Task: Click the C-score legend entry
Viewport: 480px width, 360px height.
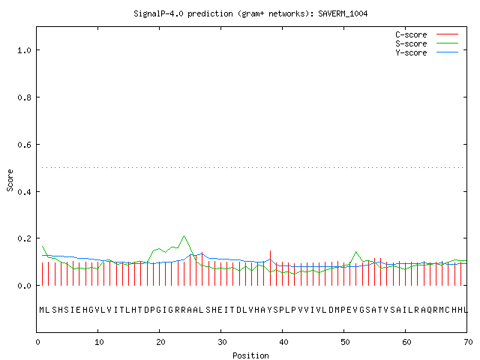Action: coord(427,34)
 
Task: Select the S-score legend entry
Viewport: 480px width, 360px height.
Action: coord(427,43)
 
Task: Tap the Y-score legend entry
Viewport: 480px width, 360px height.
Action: coord(427,52)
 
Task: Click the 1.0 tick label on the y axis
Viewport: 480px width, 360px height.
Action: coord(24,50)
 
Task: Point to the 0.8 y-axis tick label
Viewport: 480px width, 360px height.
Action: coord(24,97)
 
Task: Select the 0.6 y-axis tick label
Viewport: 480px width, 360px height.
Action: coord(24,145)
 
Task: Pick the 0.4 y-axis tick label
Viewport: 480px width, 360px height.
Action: coord(24,192)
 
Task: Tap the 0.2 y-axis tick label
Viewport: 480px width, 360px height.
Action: coord(24,238)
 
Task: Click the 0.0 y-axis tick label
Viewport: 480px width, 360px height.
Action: coord(24,286)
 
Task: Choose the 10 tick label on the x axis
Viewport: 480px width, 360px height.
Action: coord(98,342)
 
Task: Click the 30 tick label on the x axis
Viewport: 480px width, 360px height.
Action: coord(222,342)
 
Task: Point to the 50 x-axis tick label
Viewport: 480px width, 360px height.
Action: coord(345,342)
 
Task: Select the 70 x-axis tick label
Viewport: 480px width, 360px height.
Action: coord(468,342)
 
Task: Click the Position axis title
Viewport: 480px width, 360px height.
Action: coord(250,355)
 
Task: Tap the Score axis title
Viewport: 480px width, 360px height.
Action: coord(10,180)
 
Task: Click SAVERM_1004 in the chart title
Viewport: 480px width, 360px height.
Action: coord(343,13)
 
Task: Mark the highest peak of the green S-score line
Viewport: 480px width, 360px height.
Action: coord(184,235)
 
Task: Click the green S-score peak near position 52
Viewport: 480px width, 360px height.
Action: coord(356,252)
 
